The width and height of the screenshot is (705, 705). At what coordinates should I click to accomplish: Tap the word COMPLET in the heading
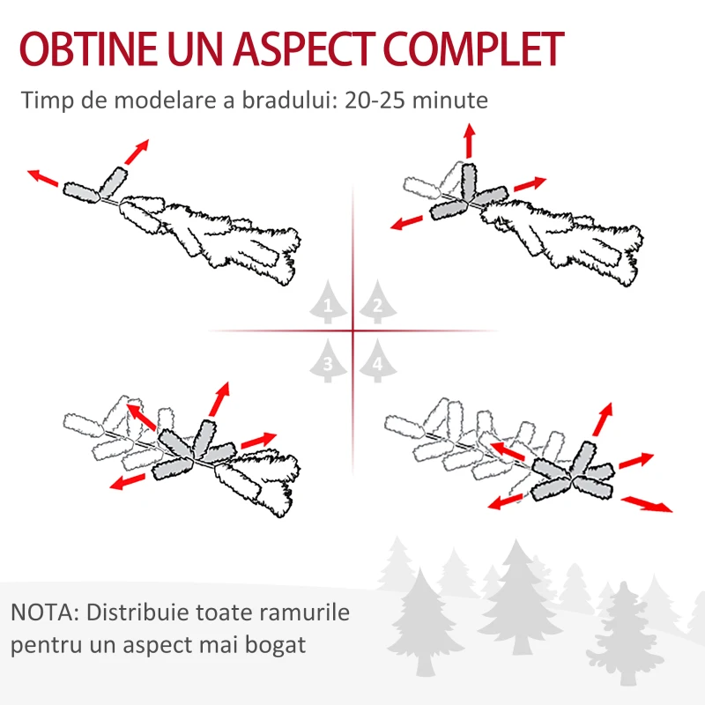tap(473, 48)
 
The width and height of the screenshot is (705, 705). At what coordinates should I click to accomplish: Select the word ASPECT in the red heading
tap(303, 48)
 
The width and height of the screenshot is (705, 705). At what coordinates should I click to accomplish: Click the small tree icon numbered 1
tap(328, 301)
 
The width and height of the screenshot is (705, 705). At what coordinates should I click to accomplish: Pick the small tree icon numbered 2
tap(378, 301)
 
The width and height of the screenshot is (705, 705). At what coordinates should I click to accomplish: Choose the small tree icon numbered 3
tap(328, 360)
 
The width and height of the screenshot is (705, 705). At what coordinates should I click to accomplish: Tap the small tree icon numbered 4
tap(378, 360)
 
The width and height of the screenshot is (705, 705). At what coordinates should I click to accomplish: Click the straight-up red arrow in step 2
tap(470, 140)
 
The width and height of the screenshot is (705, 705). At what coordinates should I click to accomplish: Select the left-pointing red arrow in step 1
tap(42, 178)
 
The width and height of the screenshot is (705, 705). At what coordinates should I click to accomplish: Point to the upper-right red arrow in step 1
tap(137, 152)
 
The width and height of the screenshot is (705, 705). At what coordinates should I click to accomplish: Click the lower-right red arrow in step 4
tap(647, 503)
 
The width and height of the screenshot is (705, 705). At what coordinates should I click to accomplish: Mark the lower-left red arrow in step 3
tap(128, 481)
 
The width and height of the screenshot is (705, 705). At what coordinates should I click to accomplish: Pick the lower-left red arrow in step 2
tap(406, 223)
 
